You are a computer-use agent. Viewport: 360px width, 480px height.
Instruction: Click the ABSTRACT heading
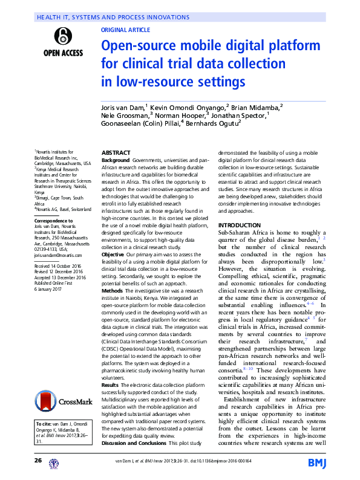click(116, 153)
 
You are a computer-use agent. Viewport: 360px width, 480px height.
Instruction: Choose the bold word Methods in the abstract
click(113, 291)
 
